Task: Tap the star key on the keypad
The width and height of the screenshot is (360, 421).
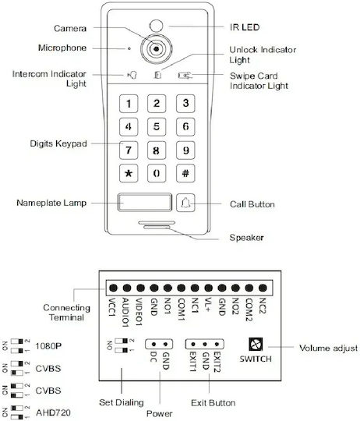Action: (129, 173)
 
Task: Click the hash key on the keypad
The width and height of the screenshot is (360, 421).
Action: (185, 173)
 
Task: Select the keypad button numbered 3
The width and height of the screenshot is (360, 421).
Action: (185, 104)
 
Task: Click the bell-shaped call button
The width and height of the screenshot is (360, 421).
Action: (185, 203)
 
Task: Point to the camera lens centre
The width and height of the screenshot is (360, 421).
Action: (156, 49)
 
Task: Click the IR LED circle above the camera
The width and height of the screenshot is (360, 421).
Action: (156, 26)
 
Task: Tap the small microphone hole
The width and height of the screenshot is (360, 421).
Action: (129, 48)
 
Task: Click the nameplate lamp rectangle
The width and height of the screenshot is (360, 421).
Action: (145, 202)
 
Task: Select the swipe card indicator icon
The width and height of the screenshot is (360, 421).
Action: (185, 76)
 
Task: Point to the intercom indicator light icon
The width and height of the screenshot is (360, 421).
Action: (132, 75)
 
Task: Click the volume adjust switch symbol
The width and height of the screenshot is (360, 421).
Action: (256, 345)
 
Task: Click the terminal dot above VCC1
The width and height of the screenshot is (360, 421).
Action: (113, 288)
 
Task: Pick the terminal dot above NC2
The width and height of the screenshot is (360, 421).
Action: (263, 288)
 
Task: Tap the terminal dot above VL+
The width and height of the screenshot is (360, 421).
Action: (208, 288)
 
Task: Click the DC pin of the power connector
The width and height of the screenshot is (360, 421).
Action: (154, 345)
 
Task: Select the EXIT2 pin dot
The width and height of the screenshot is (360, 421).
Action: (217, 345)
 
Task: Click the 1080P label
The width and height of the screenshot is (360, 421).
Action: (48, 346)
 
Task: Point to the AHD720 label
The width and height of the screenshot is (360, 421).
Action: (53, 412)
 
